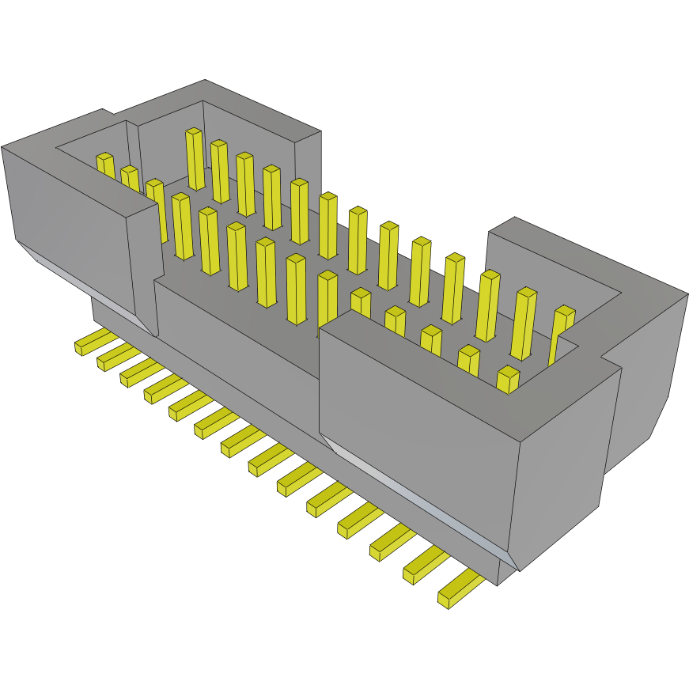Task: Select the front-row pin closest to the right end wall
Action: [507, 379]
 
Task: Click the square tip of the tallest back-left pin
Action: [194, 131]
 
